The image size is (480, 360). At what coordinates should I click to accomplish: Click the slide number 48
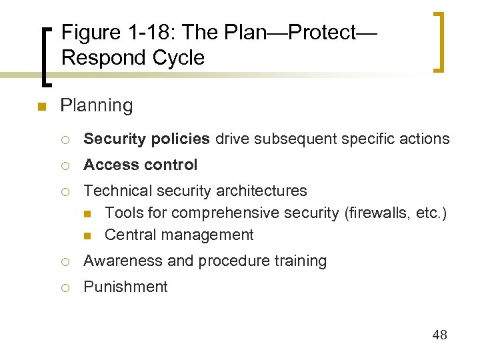[x=439, y=335]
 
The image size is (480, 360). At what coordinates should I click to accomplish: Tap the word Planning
[x=96, y=105]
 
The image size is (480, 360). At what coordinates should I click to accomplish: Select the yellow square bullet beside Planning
[x=41, y=107]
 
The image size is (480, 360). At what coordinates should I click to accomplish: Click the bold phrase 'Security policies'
[x=147, y=139]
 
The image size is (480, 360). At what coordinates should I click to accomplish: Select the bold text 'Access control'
[x=141, y=165]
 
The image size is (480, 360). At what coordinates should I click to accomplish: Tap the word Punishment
[x=125, y=287]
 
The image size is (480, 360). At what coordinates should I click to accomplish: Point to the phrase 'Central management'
[x=179, y=235]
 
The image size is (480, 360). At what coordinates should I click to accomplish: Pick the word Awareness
[x=123, y=261]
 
